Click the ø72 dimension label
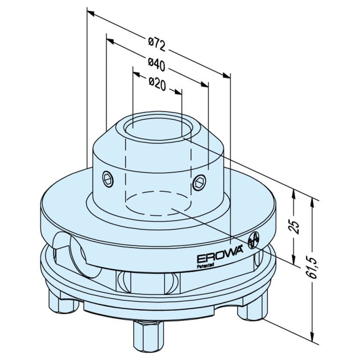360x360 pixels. coord(157,45)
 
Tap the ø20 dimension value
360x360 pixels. coord(157,84)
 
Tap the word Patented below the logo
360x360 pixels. coord(205,265)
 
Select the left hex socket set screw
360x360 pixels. coord(108,179)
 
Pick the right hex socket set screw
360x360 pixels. coord(199,183)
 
